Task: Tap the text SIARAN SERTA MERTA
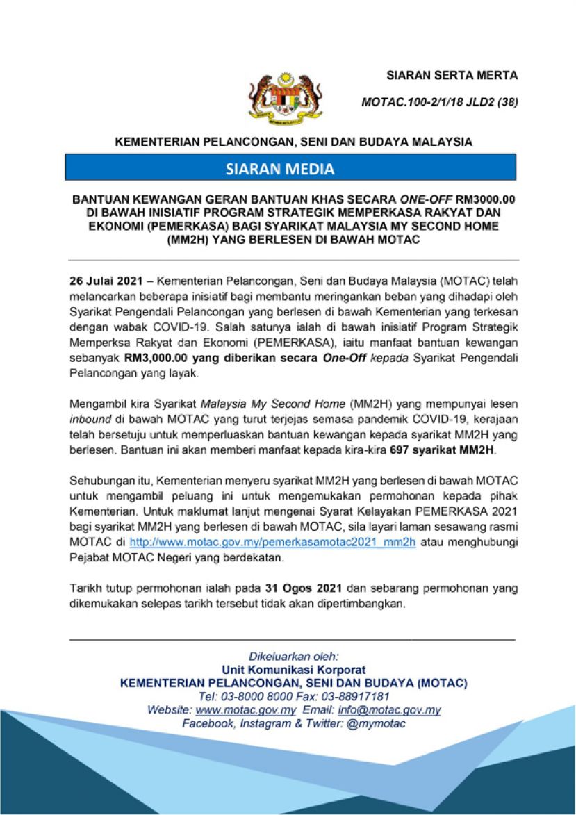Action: [x=452, y=75]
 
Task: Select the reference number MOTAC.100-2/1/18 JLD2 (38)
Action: [x=440, y=102]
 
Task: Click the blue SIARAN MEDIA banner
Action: [x=290, y=169]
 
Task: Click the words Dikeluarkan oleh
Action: [x=294, y=656]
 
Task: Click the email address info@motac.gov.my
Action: [x=389, y=710]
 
